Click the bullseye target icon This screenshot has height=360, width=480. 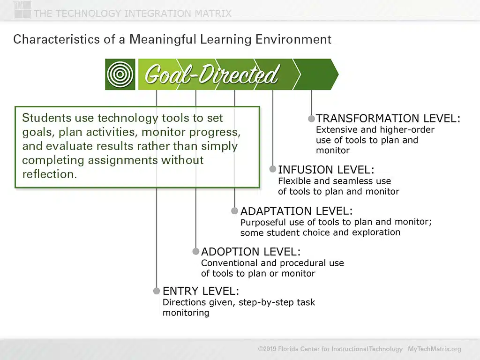coord(120,75)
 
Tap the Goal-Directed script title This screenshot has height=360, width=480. coord(211,75)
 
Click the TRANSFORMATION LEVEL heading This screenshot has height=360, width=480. coord(388,119)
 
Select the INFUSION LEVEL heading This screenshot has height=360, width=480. coord(326,170)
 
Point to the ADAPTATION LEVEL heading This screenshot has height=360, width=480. coord(296,211)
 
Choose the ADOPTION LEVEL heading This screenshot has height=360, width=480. coord(251,252)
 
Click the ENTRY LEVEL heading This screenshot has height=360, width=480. coord(201,291)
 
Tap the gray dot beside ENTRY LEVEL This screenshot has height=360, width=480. coord(157,291)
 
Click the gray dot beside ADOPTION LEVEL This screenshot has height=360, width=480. coord(195,251)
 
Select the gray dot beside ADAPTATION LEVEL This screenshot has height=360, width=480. coord(234,210)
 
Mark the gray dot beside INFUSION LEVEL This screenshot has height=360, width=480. coord(272,169)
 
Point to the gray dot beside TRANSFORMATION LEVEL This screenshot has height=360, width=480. coord(311,119)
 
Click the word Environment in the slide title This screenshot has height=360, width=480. coord(293,39)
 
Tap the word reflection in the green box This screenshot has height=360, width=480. coord(49,174)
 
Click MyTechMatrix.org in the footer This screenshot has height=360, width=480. coord(434,349)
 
